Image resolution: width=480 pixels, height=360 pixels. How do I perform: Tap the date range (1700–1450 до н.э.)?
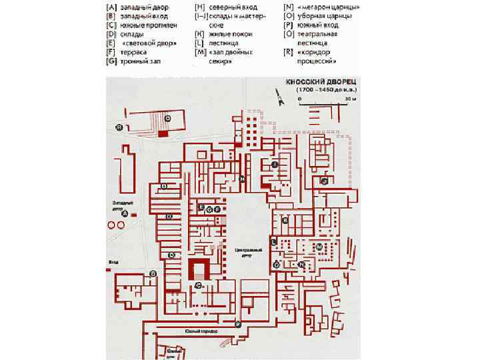coord(322,89)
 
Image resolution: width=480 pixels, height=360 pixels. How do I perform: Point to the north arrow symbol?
coord(281,99)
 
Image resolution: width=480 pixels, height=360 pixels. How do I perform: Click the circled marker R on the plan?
coord(119,127)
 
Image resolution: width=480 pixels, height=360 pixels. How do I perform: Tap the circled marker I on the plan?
coord(275,164)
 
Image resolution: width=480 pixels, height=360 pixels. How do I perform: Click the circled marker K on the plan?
coord(285,219)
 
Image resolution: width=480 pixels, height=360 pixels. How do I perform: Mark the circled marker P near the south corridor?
coord(237,323)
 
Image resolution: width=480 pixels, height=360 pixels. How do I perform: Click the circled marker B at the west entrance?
coord(153,273)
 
